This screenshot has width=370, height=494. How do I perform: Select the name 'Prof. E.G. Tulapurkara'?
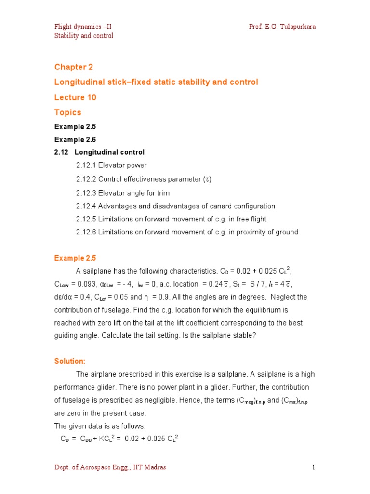[x=282, y=27]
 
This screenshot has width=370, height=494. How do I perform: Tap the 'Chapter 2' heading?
[x=73, y=67]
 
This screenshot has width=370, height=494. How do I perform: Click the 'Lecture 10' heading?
[x=75, y=97]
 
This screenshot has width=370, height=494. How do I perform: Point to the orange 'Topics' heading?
[x=68, y=112]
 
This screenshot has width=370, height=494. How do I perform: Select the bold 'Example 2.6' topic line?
[x=75, y=139]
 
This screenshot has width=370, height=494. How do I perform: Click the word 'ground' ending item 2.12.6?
[x=287, y=232]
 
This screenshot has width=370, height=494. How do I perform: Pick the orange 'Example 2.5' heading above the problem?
[x=75, y=258]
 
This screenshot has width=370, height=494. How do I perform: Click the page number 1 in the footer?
[x=313, y=467]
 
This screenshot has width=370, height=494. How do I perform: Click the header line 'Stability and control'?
[x=83, y=36]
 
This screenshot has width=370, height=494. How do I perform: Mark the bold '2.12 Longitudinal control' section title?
[x=99, y=152]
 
